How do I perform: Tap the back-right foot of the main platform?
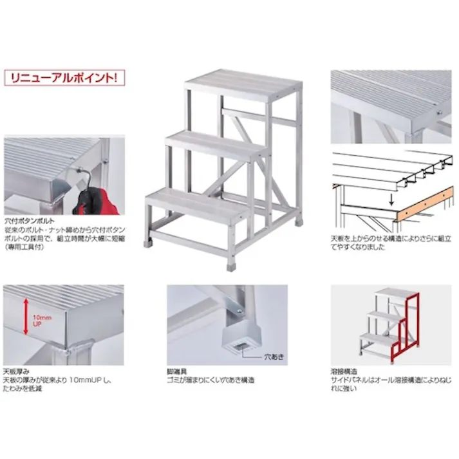click(299, 221)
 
